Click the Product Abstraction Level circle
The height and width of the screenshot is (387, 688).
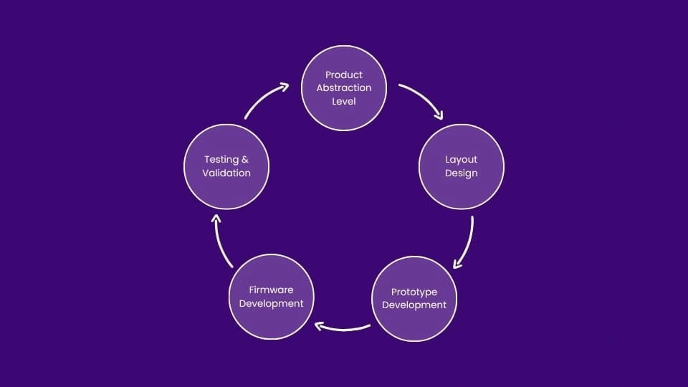tap(344, 88)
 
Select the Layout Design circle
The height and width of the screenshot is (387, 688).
tap(461, 166)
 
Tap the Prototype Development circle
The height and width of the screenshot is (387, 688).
tap(414, 298)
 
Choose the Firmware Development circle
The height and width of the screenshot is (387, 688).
tap(271, 297)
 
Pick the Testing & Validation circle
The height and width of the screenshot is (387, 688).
tap(226, 166)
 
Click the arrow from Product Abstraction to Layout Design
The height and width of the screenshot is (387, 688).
tap(423, 100)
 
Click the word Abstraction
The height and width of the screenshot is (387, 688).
tap(344, 88)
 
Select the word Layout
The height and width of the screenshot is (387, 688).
tap(461, 159)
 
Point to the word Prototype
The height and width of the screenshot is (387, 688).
tap(414, 292)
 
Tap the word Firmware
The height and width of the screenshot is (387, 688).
tap(271, 290)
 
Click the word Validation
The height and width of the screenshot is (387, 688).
tap(226, 173)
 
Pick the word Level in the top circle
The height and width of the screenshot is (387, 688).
tap(344, 101)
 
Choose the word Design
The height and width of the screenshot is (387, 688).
tap(461, 173)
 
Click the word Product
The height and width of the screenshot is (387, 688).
tap(344, 75)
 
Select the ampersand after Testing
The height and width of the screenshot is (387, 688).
tap(245, 159)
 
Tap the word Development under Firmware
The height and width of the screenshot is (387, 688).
tap(271, 303)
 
